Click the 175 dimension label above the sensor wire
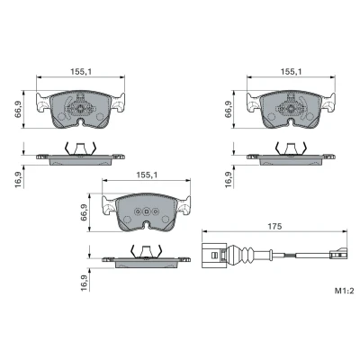coord(275,226)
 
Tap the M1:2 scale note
coord(345,291)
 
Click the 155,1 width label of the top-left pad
coord(81,72)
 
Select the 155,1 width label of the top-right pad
coord(292,72)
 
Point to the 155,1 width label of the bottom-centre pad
coord(147,175)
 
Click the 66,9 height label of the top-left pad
coord(19,109)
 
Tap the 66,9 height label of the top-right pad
coord(229,109)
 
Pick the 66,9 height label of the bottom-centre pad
coord(85,212)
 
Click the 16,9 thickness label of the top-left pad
coord(19,180)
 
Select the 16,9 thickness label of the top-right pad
coord(229,180)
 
